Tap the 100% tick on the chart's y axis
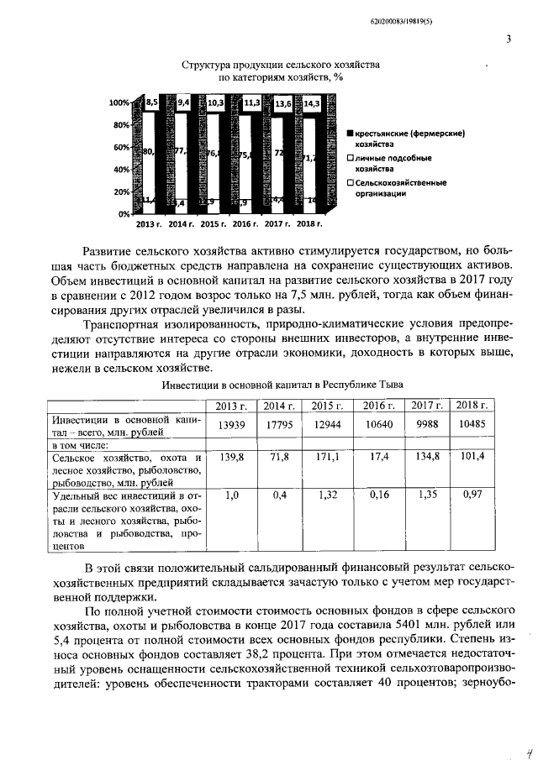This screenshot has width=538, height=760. (119, 102)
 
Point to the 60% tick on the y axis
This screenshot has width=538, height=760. (121, 147)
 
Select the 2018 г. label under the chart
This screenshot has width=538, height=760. (310, 224)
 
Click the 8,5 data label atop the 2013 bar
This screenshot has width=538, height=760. (152, 102)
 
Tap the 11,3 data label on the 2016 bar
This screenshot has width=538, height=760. (251, 103)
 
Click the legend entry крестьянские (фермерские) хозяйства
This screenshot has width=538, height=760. (409, 138)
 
